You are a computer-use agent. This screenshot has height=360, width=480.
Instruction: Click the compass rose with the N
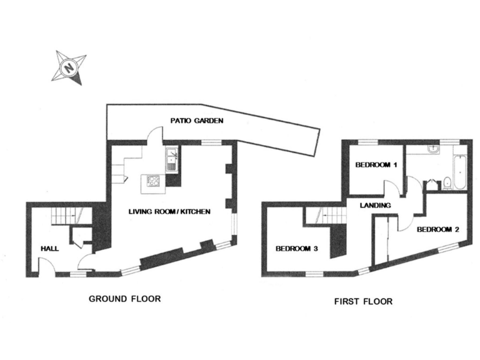[x=68, y=66]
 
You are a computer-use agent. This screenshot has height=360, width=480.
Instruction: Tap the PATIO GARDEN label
[x=197, y=121]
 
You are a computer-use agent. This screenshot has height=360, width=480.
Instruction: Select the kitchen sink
[x=172, y=159]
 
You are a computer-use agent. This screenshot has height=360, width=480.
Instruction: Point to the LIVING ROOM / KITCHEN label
[x=169, y=212]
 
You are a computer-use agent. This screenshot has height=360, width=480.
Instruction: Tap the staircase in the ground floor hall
[x=64, y=216]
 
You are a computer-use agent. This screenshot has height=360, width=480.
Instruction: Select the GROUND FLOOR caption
[x=124, y=299]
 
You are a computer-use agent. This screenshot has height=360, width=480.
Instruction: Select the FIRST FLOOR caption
[x=363, y=301]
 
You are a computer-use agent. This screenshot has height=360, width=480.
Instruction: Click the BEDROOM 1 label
[x=376, y=166]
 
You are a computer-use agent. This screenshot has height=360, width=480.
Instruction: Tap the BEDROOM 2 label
[x=437, y=229]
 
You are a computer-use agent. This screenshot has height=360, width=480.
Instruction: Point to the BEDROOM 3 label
[x=297, y=249]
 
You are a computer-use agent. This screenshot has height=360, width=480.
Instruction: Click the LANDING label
[x=375, y=205]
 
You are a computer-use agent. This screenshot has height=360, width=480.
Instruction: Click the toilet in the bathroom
[x=447, y=183]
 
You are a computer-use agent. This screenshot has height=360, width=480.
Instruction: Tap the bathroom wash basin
[x=433, y=150]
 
